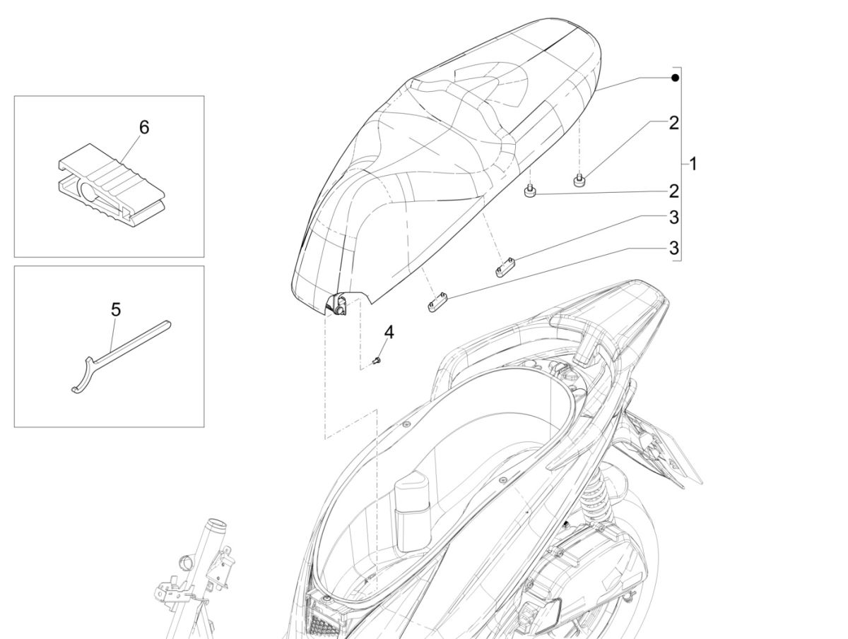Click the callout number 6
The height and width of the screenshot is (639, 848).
pos(144,128)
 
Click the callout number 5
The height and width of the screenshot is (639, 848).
pos(116,309)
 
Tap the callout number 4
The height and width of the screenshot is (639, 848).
pos(389,331)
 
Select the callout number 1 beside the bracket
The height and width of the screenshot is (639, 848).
pos(693,164)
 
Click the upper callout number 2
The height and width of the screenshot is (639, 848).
pos(673,123)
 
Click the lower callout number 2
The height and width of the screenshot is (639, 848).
pos(673,191)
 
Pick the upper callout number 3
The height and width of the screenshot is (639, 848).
pos(673,217)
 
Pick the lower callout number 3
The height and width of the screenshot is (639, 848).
pos(673,248)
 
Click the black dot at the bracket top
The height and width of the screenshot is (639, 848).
pos(675,77)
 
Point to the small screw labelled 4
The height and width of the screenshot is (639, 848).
pos(376,362)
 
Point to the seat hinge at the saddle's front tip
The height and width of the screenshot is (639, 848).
pos(338,305)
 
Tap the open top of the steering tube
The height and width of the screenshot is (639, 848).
pos(217,527)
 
